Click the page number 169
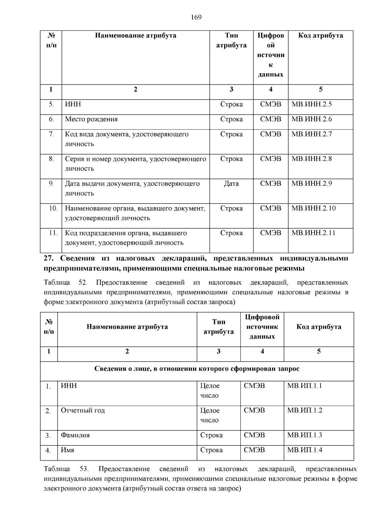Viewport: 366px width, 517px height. coord(196,17)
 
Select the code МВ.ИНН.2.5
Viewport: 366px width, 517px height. coord(311,104)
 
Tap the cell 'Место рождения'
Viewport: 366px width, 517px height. coord(91,119)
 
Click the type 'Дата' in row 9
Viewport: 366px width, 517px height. coord(231,183)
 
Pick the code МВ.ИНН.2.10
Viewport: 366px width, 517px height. coord(313,208)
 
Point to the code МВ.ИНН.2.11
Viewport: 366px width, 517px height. coord(313,233)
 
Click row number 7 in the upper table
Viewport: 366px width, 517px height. coord(51,134)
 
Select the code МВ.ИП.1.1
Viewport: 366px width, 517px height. coord(304,386)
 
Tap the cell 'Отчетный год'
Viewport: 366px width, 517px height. coord(83,410)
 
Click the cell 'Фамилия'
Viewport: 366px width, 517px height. coord(75,435)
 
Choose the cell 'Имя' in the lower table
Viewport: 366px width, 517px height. coord(67,450)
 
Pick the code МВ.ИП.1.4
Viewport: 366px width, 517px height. coord(304,450)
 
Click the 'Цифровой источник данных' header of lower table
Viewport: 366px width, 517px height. coord(262,327)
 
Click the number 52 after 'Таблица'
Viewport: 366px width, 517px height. coord(83,282)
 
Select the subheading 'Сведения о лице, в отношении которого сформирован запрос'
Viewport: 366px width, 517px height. coord(197,369)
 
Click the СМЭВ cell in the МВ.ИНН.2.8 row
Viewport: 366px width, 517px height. coord(271,159)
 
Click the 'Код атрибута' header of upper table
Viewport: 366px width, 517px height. coord(320,35)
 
